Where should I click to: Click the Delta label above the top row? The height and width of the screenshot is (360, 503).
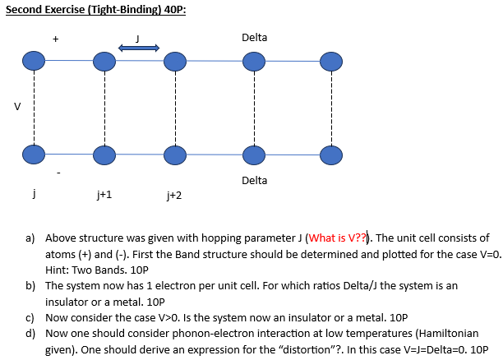pos(254,38)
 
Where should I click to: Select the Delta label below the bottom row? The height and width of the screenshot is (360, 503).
pos(254,180)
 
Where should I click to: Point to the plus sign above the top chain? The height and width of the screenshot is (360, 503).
pos(55,37)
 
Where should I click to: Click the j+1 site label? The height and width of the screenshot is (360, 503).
pos(104,196)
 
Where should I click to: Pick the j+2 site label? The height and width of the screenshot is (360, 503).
pos(173,196)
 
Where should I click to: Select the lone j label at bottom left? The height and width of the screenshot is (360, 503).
pos(33,194)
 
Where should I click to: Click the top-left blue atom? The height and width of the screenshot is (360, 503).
pos(33,62)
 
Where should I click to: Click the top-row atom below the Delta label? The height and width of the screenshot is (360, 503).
pos(254,62)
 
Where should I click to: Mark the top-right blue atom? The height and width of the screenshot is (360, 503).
pos(330,62)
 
